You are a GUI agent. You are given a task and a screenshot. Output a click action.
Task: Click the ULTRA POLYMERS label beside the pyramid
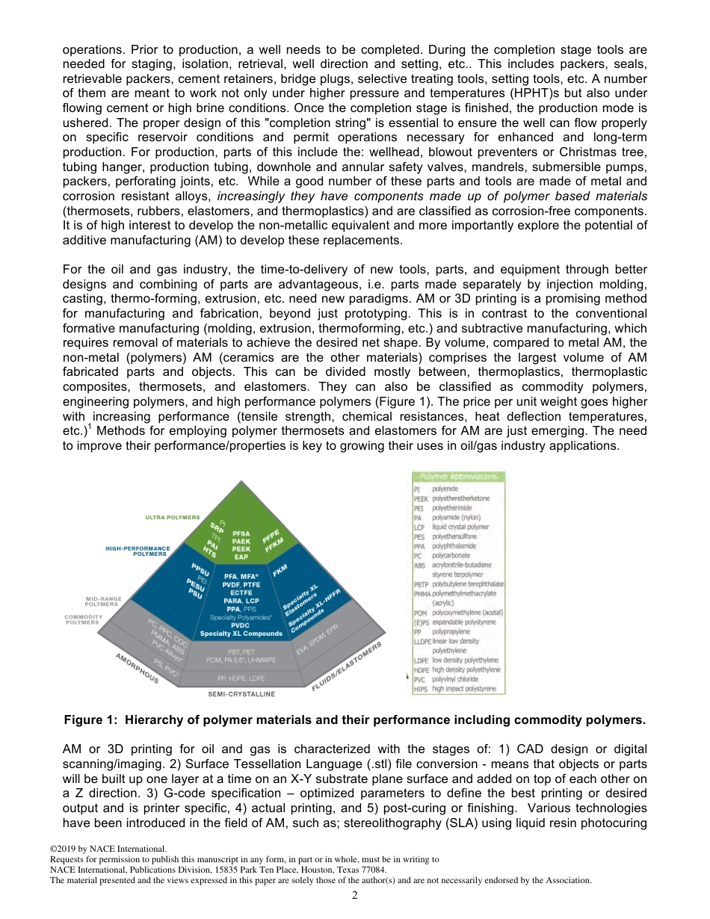[x=173, y=517]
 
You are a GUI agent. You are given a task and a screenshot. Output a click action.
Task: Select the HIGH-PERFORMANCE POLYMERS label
[x=138, y=551]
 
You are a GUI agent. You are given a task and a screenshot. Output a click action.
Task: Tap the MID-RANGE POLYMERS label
[x=102, y=601]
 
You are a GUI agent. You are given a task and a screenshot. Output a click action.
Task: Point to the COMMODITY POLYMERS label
[x=84, y=619]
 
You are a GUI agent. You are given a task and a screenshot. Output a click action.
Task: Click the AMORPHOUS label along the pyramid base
[x=137, y=667]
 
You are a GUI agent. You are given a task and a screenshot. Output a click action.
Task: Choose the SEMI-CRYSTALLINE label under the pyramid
[x=241, y=694]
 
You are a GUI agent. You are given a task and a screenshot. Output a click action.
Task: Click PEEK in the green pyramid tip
[x=241, y=549]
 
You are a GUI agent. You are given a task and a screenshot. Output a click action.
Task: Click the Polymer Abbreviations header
[x=459, y=477]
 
